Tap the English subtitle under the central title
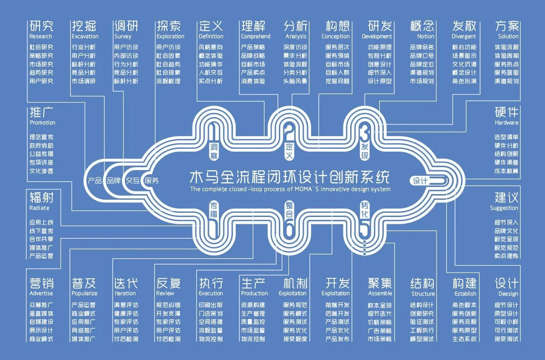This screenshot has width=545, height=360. click(x=290, y=189)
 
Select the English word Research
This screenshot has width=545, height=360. click(x=41, y=36)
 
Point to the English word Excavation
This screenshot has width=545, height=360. click(x=85, y=36)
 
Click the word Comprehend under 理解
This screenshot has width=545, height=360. click(x=256, y=36)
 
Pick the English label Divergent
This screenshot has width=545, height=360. click(x=464, y=36)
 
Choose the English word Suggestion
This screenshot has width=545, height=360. click(x=504, y=208)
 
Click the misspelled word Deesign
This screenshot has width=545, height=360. click(x=508, y=294)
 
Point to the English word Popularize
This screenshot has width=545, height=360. click(x=84, y=294)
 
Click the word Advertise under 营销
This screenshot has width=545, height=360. click(x=41, y=294)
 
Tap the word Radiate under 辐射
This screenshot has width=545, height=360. click(x=40, y=208)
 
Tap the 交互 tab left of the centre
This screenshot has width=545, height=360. click(x=132, y=180)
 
